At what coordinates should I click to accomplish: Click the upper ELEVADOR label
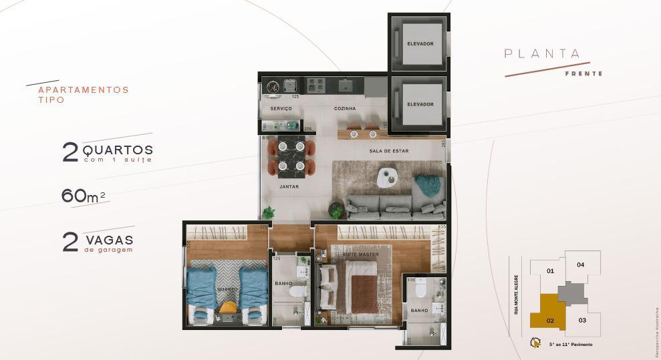420,44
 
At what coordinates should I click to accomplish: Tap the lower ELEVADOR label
420,104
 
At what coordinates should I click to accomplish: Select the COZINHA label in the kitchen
345,108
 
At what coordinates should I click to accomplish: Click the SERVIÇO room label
281,108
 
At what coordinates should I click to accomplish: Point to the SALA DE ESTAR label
388,151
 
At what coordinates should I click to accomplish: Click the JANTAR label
289,187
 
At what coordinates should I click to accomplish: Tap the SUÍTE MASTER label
362,254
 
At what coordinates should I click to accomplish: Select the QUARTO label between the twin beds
227,290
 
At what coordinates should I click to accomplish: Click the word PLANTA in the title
542,54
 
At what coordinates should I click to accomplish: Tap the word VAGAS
109,239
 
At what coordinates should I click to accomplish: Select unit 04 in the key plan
580,264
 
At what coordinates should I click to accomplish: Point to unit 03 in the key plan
582,321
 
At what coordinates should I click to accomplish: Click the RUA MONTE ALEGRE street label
517,294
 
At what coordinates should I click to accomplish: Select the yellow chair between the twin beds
228,309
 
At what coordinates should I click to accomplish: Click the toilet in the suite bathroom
420,289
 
